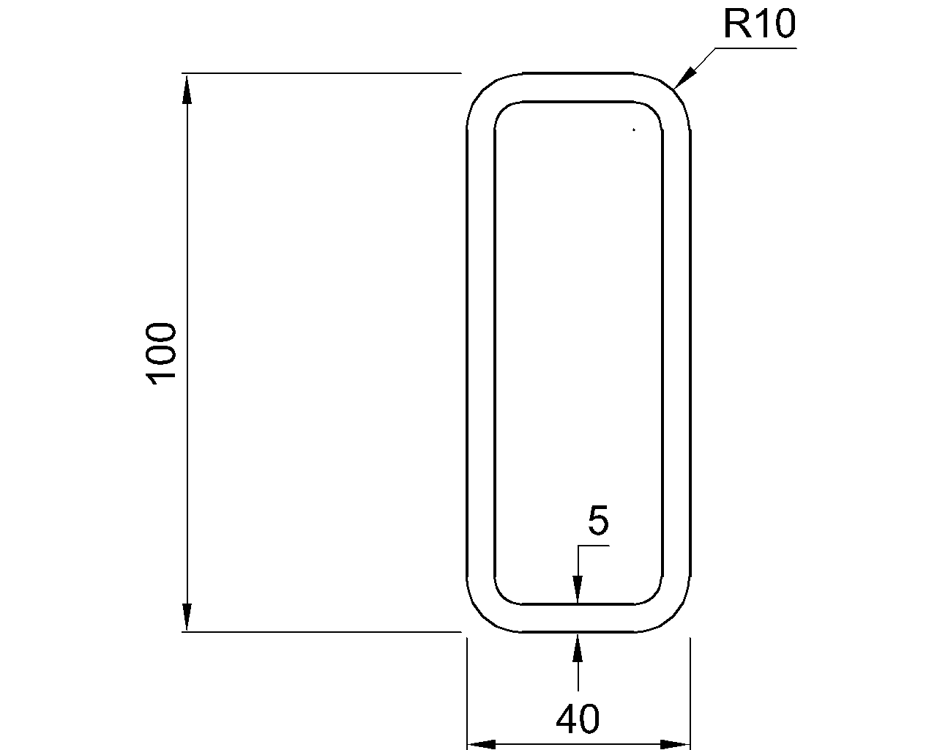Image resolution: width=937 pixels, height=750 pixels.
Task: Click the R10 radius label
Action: pyautogui.click(x=758, y=24)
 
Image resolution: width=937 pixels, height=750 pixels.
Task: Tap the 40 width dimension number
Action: pyautogui.click(x=578, y=719)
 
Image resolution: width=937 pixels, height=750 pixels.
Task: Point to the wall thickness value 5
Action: pyautogui.click(x=598, y=521)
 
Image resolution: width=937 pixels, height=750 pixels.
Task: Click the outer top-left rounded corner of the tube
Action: pyautogui.click(x=483, y=89)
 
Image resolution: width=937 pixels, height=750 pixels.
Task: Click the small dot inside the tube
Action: pyautogui.click(x=634, y=130)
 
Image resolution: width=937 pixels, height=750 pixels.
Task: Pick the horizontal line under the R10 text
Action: pyautogui.click(x=754, y=48)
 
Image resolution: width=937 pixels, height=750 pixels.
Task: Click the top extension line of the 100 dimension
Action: pyautogui.click(x=322, y=73)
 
